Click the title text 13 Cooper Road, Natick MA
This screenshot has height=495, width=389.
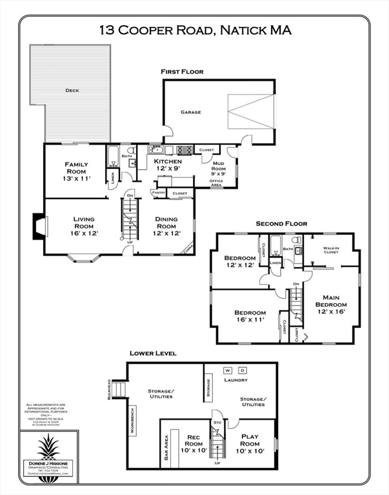point(195,30)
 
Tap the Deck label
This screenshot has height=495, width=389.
point(72,91)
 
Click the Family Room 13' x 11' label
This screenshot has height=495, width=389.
point(75,170)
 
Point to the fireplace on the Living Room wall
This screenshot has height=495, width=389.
point(39,227)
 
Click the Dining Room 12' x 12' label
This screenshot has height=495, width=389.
point(166,226)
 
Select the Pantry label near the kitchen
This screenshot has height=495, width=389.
point(157,192)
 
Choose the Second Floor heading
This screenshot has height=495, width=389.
point(281,224)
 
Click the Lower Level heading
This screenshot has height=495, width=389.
point(153,353)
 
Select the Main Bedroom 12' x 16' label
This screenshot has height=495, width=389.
point(332,304)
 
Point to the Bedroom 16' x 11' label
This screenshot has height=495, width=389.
point(250,316)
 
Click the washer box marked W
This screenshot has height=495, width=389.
point(228,371)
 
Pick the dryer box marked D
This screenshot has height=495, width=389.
point(243,371)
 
